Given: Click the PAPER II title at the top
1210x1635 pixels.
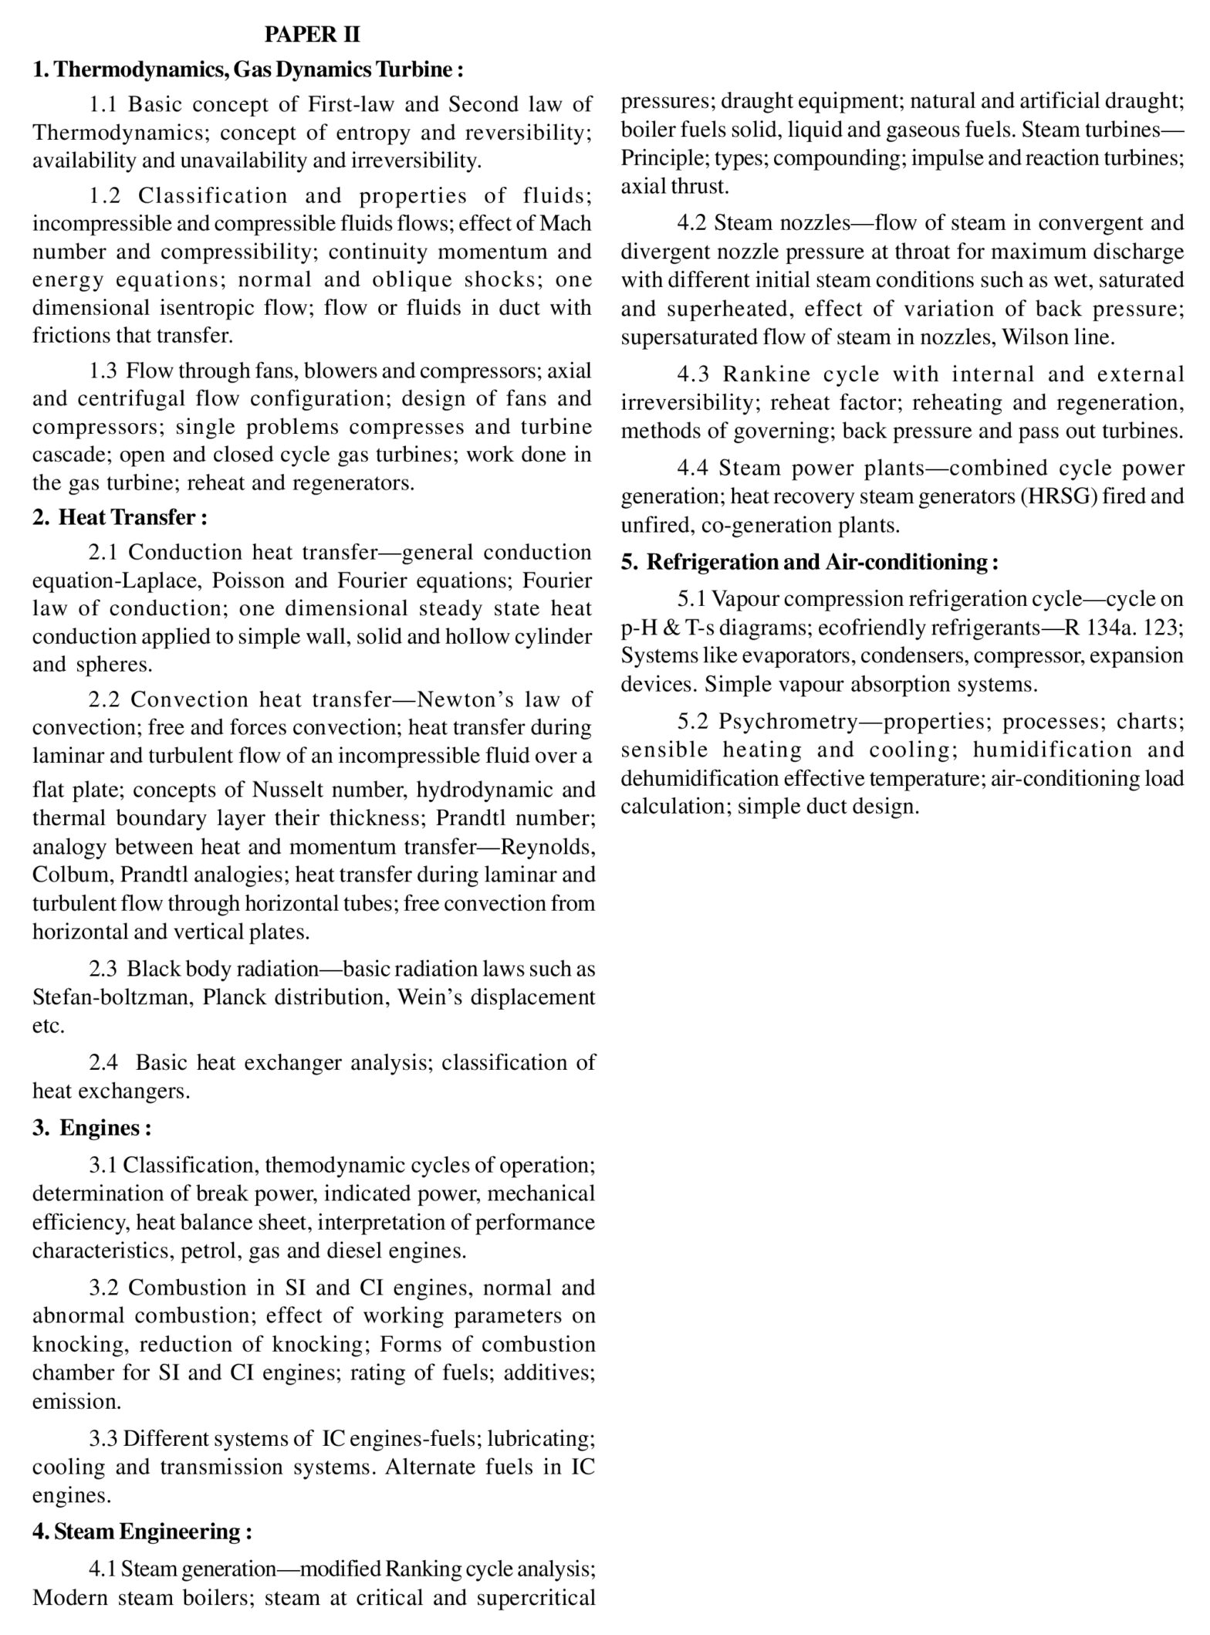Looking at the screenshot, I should (312, 35).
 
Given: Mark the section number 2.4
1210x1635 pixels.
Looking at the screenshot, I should (103, 1063).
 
